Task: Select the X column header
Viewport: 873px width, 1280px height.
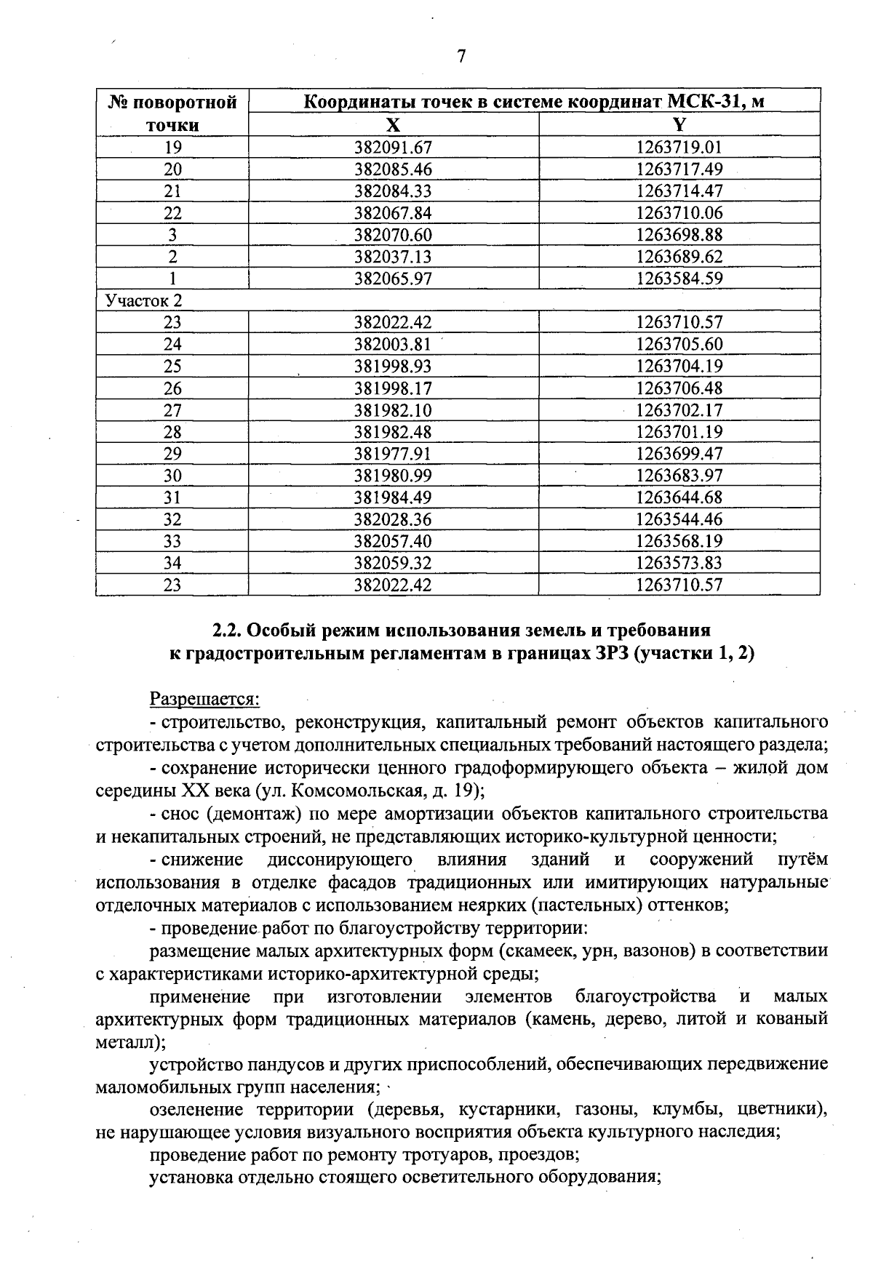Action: tap(393, 124)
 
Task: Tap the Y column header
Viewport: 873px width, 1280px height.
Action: tap(679, 124)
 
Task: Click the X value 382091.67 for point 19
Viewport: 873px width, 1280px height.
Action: tap(393, 148)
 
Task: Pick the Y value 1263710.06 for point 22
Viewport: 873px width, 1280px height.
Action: tap(679, 213)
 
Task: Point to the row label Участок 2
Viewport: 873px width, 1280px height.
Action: tap(144, 300)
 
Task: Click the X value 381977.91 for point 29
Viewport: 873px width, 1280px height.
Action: tap(393, 454)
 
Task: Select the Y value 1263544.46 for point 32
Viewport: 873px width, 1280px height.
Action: tap(679, 519)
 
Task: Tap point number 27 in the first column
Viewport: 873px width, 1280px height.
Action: tap(172, 410)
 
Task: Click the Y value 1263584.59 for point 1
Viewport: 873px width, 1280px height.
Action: tap(679, 279)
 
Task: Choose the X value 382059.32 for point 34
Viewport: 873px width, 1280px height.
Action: tap(393, 563)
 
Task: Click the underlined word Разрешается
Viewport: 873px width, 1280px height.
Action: tap(204, 699)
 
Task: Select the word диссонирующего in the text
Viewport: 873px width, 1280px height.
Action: tap(340, 860)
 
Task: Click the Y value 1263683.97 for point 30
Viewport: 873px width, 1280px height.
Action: tap(679, 476)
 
